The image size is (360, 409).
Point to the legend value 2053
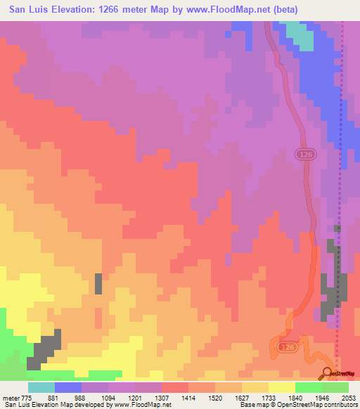pos(349,398)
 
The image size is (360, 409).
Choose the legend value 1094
pos(108,398)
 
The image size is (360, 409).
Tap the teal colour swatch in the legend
pos(41,387)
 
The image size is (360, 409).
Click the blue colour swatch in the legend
pos(67,387)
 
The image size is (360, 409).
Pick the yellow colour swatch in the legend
pos(281,387)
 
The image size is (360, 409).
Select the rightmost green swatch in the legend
pos(335,387)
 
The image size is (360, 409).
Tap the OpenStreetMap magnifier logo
pos(328,373)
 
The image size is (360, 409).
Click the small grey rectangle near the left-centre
pos(98,283)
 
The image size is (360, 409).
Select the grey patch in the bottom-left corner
pos(44,351)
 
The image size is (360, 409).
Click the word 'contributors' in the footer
pos(340,405)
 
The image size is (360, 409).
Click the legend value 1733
pos(269,398)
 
